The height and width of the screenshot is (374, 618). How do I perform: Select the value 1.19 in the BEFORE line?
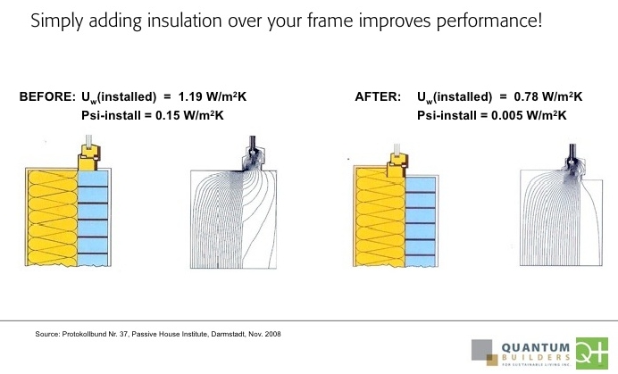point(191,96)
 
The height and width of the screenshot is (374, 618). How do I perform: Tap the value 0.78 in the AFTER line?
point(526,96)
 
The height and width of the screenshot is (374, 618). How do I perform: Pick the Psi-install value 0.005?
point(507,115)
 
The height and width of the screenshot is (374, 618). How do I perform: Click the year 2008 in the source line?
point(272,334)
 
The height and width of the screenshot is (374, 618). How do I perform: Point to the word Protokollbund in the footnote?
point(84,334)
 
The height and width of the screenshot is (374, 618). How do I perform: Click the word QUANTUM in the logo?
point(536,348)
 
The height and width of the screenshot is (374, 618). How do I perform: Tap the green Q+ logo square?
point(592,353)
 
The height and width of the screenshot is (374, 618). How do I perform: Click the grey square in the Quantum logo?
point(481,350)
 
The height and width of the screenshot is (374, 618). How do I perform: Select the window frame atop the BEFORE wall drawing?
point(90,157)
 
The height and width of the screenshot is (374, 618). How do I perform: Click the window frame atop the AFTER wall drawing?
point(398,165)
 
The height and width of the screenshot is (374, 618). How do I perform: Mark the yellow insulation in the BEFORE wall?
point(53,218)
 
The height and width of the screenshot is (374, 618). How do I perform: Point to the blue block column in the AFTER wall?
point(421,222)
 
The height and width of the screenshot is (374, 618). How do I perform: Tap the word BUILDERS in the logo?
point(536,358)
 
